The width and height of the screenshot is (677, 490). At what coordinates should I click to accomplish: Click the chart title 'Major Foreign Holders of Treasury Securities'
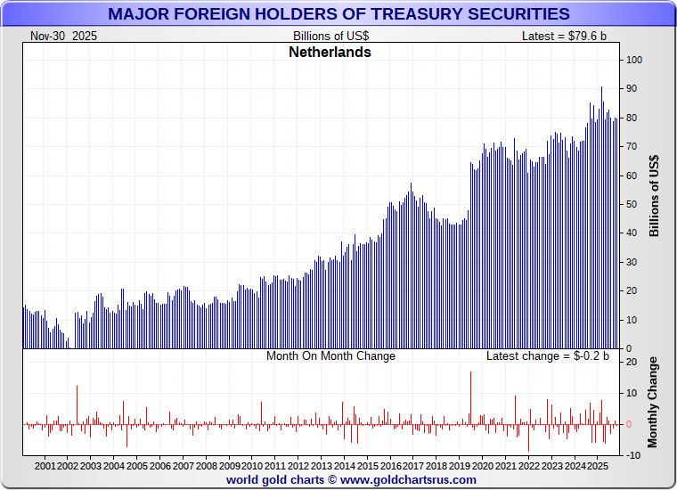(338, 13)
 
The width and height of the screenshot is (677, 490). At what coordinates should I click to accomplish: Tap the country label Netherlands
(330, 52)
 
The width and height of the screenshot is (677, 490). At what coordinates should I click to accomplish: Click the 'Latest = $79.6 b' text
(564, 36)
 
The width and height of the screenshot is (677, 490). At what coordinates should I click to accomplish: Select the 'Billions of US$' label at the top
(330, 36)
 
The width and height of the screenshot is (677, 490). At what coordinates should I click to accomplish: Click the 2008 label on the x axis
(207, 466)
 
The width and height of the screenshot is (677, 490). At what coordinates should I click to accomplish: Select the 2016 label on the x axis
(391, 466)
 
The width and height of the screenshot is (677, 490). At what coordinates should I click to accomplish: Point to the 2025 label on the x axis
(599, 466)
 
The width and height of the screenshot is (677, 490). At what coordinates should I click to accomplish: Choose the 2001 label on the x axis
(45, 466)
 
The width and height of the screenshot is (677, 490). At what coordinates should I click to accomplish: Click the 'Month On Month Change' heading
(330, 355)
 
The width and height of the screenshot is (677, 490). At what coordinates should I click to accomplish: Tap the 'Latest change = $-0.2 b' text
(547, 355)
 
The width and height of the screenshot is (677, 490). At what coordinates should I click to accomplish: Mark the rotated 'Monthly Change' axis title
(653, 402)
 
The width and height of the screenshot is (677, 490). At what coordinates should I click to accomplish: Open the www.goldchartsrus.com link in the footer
(408, 479)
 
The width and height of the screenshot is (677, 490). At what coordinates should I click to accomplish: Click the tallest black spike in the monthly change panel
(470, 392)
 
